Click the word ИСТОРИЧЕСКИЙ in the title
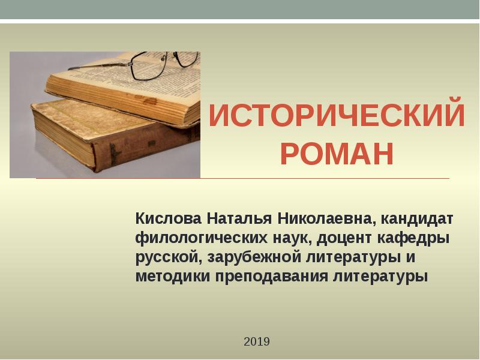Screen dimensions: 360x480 tap(337, 115)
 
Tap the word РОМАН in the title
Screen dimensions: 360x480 tap(337, 154)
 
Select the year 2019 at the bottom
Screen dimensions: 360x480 tap(257, 342)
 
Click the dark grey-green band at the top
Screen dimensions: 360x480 tap(240, 9)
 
